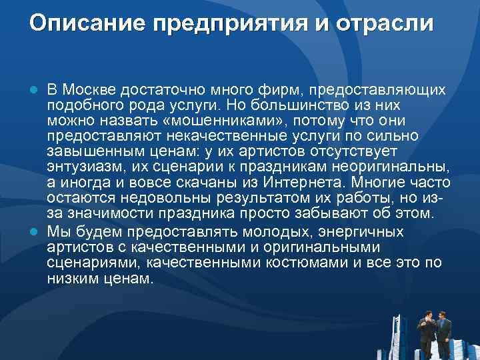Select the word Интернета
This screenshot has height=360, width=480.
point(303,183)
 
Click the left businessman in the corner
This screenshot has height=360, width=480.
point(425,330)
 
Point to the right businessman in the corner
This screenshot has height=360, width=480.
point(443,331)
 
